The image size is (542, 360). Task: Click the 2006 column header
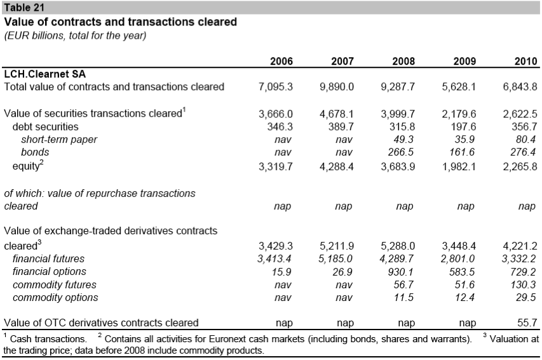[x=281, y=62]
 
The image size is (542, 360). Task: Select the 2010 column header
[x=525, y=62]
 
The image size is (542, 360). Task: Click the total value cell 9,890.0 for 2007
[x=337, y=86]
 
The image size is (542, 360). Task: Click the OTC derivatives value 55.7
[x=527, y=323]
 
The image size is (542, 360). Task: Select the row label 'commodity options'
[x=55, y=297]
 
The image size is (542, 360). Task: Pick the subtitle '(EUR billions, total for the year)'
[x=76, y=36]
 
